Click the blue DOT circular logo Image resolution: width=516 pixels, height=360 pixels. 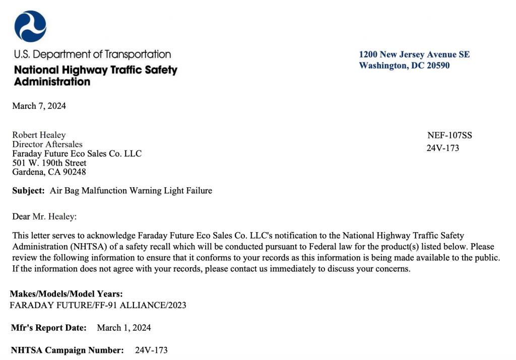(30, 27)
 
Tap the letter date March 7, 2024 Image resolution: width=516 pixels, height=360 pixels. (39, 106)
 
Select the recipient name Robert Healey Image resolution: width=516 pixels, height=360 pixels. (39, 135)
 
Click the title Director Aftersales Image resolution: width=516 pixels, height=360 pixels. (47, 144)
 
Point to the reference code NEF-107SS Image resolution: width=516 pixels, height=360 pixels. (449, 135)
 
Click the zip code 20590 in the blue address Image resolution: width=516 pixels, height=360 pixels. (437, 65)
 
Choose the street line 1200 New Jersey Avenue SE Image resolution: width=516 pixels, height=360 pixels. (414, 54)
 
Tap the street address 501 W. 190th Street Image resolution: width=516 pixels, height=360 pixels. (49, 163)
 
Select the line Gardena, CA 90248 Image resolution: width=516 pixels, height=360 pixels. (49, 172)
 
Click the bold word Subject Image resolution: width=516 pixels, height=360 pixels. (29, 191)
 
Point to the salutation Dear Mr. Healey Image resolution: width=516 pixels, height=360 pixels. (44, 217)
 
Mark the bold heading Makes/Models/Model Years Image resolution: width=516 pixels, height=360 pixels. (66, 294)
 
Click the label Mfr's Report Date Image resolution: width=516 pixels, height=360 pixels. (48, 328)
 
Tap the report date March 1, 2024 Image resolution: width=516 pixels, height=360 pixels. (124, 328)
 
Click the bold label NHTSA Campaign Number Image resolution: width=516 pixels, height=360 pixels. (68, 350)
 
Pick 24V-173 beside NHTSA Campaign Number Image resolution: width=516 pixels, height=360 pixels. (151, 350)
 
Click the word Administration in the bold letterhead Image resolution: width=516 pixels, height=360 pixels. (52, 82)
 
